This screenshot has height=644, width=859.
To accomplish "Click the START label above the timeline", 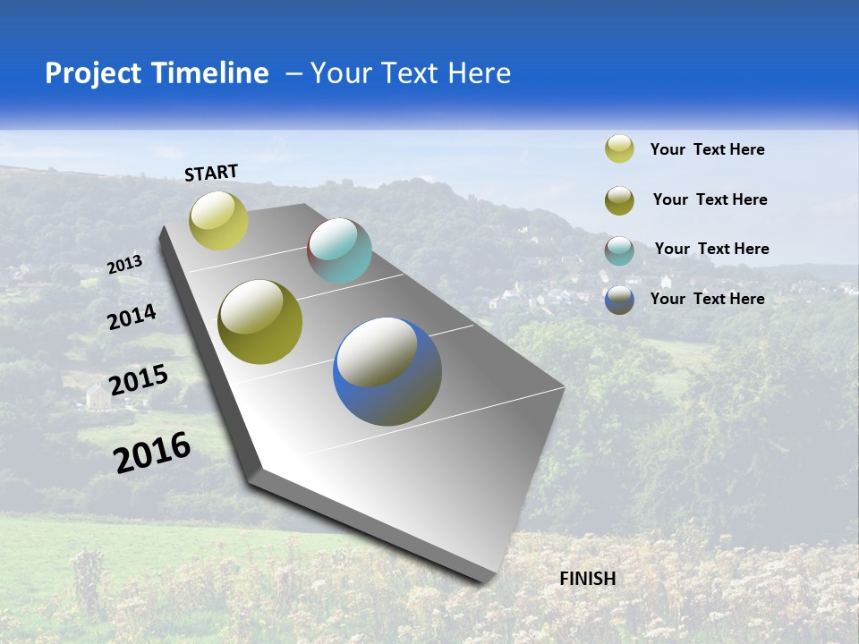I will (211, 173).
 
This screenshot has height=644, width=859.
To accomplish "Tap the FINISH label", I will (587, 579).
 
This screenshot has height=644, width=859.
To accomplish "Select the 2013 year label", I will (124, 265).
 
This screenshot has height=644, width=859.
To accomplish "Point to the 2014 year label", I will (132, 317).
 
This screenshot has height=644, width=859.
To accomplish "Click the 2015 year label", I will (139, 380).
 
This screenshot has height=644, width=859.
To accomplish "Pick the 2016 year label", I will (152, 452).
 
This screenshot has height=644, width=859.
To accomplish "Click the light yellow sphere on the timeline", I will (218, 221).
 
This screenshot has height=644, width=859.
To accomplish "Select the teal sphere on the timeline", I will (339, 250).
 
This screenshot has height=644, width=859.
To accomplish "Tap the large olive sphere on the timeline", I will (260, 322).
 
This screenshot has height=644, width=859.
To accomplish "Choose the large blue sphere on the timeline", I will (387, 371).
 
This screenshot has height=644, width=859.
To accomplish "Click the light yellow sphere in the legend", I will (619, 148).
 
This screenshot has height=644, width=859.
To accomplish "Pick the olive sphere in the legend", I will (619, 200).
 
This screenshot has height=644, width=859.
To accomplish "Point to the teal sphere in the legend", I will (619, 250).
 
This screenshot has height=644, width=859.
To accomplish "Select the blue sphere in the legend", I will (619, 300).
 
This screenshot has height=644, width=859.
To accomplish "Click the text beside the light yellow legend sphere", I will (707, 149).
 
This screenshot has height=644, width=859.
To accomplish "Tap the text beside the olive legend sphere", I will (710, 199).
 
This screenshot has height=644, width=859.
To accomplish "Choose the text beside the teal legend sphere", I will (711, 249).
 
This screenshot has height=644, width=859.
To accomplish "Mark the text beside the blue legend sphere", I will (707, 299).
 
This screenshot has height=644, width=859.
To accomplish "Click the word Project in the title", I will (94, 73).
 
